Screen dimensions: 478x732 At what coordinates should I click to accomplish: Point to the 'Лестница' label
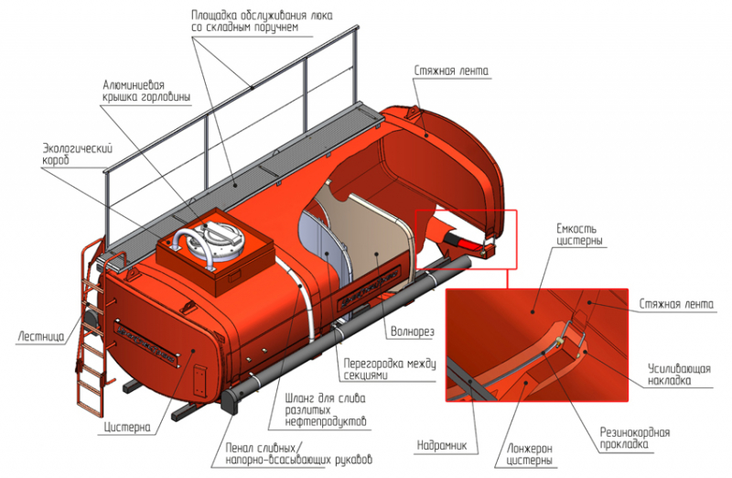39,335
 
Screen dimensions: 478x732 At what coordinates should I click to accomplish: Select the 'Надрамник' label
447,446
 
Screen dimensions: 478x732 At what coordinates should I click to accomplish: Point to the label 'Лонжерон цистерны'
528,454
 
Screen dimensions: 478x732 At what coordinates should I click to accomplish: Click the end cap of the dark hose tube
231,403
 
